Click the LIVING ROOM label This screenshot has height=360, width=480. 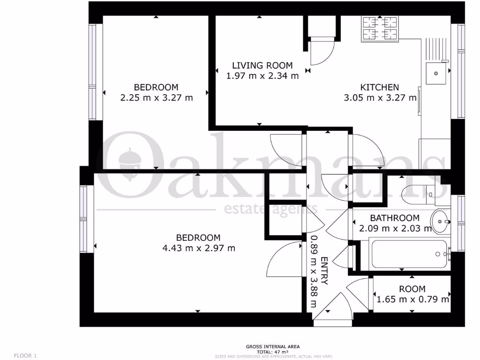[x=262, y=66]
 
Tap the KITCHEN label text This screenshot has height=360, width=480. [x=379, y=87]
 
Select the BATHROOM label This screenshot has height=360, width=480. [x=395, y=218]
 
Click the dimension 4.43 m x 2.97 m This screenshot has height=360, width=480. [x=198, y=248]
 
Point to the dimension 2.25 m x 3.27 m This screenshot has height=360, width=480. [x=157, y=98]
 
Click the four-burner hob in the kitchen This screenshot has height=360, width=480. [x=380, y=28]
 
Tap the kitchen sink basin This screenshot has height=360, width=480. [x=435, y=73]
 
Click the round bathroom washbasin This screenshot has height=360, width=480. [x=440, y=221]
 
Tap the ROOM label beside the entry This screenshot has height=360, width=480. [x=412, y=289]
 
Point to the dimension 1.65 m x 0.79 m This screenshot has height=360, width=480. [x=412, y=299]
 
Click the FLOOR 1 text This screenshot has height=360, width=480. [x=25, y=356]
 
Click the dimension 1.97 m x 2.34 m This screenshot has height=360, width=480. [x=262, y=76]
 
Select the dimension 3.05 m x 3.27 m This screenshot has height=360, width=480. [x=380, y=98]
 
